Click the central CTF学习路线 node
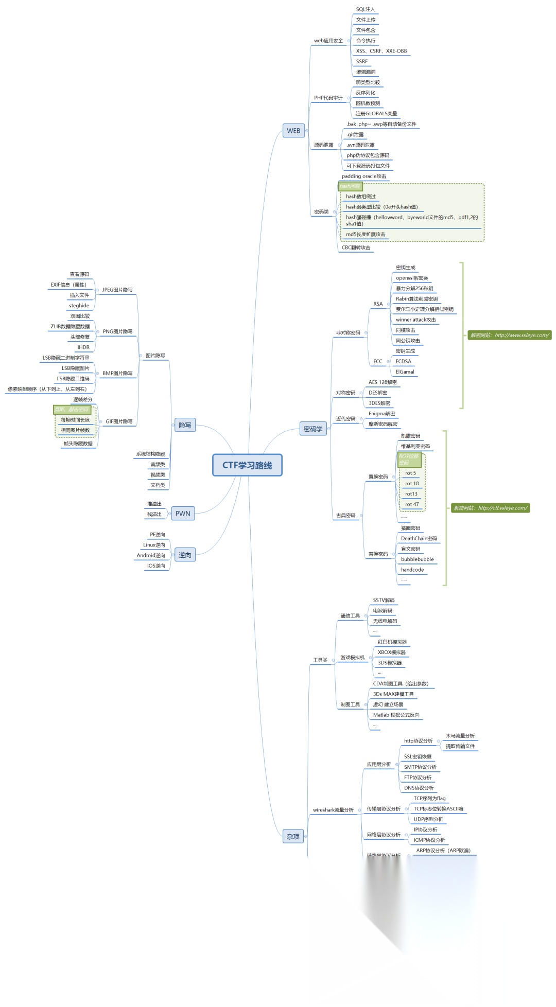(247, 465)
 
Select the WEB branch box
(293, 131)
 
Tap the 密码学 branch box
(313, 429)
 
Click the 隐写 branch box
(185, 425)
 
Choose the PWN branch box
(183, 514)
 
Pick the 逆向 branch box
(185, 555)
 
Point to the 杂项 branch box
(293, 837)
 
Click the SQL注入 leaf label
(366, 9)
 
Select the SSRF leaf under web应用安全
(362, 61)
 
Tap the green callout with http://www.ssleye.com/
(509, 335)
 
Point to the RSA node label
(378, 304)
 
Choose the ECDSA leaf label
(404, 361)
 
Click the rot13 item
(411, 494)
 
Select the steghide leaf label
(79, 306)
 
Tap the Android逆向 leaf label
(151, 555)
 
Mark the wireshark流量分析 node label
(333, 810)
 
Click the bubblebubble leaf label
(417, 559)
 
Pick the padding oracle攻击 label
(364, 176)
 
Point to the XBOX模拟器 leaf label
(392, 652)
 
